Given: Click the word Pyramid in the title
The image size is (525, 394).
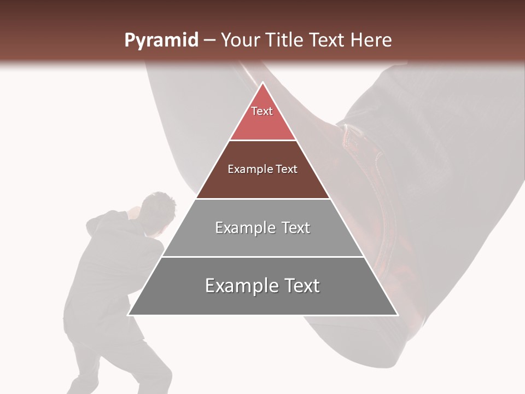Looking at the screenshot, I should click(x=161, y=40).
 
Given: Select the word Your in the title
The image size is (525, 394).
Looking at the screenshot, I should click(x=240, y=40).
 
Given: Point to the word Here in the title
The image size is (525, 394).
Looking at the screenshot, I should click(x=371, y=40).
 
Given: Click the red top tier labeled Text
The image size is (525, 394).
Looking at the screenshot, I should click(x=262, y=118).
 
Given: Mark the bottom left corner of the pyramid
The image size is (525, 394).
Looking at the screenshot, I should click(x=129, y=315).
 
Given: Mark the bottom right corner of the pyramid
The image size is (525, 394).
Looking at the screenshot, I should click(x=398, y=315).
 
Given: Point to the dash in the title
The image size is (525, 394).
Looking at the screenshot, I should click(x=209, y=40).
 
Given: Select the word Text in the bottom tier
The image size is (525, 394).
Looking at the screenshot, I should click(x=297, y=286).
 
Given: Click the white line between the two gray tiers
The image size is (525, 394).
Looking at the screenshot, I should click(x=262, y=257).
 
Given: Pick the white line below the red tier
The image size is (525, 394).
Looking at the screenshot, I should click(x=262, y=141).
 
